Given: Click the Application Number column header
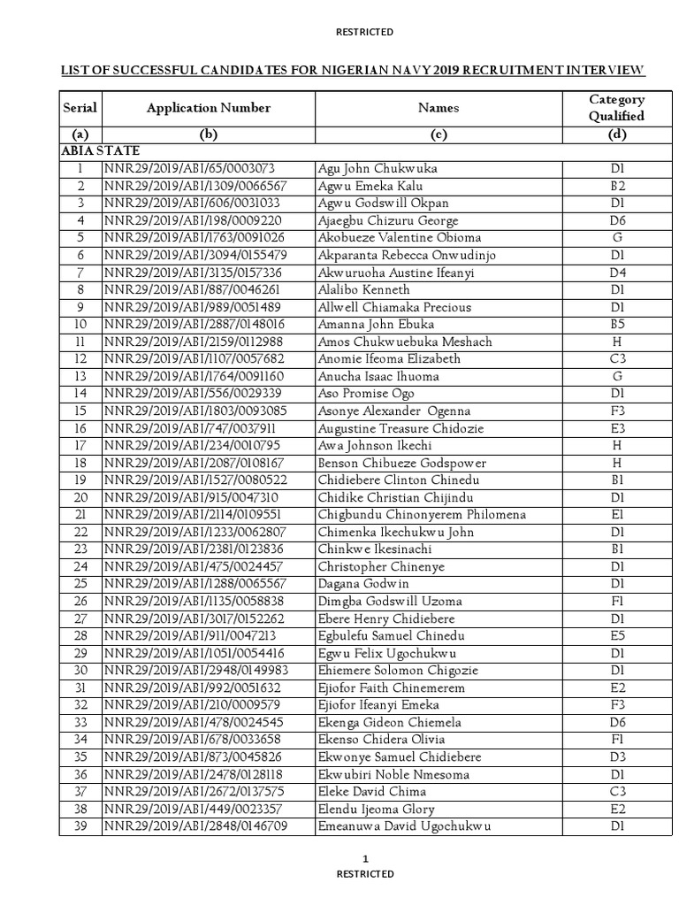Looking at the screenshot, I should (209, 108).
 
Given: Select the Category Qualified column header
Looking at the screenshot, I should (616, 108).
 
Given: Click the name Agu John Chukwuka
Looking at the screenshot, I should (376, 169).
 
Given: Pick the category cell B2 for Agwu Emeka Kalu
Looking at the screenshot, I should (616, 186).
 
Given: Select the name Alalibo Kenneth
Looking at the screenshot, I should (363, 289).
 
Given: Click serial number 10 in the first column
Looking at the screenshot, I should (80, 325).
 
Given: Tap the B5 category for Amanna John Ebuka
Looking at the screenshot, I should (616, 325).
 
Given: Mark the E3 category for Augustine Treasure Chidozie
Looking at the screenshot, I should (616, 428).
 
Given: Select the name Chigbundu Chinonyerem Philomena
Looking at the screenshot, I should (422, 515).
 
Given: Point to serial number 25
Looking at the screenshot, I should (80, 584).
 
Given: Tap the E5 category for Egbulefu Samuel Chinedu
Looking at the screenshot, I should (616, 636).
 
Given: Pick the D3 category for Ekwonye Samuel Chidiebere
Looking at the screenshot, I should (616, 757).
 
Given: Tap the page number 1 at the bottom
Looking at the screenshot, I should (365, 859).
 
